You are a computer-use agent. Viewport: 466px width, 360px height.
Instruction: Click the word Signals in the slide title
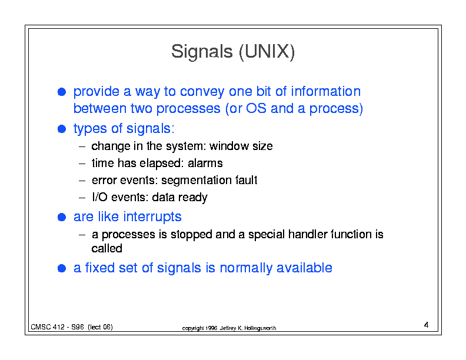(x=202, y=52)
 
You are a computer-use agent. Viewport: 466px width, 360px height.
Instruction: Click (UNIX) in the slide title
(x=267, y=52)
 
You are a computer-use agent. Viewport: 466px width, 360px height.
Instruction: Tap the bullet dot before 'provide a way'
(x=62, y=92)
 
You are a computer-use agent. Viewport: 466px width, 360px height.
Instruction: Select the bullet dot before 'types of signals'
(x=62, y=129)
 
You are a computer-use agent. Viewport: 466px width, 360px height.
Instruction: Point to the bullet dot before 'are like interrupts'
(x=62, y=217)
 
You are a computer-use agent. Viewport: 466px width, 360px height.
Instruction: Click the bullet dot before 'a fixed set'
(x=62, y=268)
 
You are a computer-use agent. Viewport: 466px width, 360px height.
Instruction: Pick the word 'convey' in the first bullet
(x=202, y=92)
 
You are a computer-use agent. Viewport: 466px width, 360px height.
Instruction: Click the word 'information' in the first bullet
(x=326, y=92)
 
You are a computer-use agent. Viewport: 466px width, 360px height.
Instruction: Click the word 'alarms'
(x=205, y=164)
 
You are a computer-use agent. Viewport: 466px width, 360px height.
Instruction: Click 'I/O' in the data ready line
(x=99, y=197)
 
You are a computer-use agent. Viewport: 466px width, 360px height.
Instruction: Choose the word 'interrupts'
(x=152, y=217)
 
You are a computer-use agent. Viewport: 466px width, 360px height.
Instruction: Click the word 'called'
(x=106, y=248)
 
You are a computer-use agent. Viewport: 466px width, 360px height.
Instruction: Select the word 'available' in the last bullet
(x=304, y=268)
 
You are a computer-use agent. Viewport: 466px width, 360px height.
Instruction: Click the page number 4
(x=426, y=325)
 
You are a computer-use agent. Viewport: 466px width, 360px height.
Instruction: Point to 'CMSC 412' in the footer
(x=48, y=327)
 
